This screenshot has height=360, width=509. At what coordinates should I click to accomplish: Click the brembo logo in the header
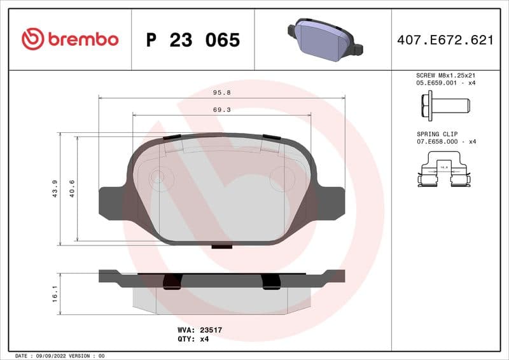(70, 39)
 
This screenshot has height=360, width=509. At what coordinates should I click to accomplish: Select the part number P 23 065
(193, 40)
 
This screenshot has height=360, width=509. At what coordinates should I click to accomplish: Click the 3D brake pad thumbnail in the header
(324, 38)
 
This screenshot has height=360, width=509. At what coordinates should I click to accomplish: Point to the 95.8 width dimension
(221, 92)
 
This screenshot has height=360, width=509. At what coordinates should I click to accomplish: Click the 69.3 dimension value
(221, 110)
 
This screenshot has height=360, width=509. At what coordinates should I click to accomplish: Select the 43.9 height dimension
(55, 189)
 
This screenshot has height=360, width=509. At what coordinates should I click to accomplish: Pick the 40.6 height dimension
(72, 189)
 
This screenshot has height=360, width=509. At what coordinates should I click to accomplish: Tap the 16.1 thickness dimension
(55, 293)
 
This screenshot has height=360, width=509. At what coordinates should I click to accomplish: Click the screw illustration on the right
(444, 104)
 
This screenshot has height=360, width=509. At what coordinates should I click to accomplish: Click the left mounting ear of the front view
(113, 203)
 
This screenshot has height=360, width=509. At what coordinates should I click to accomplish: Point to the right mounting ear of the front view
(330, 203)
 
